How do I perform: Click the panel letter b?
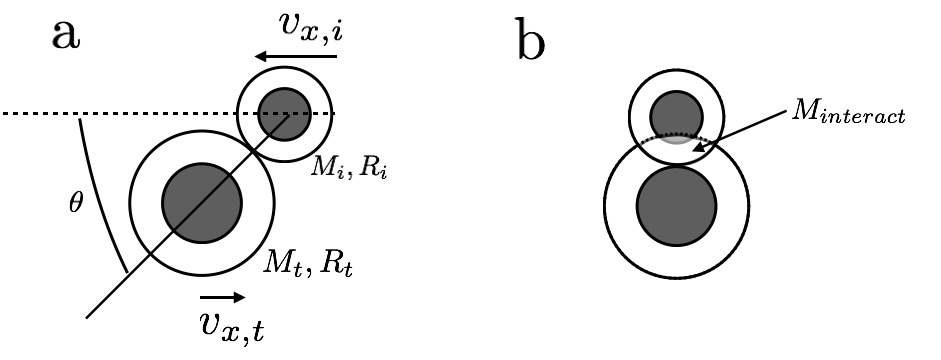tap(529, 43)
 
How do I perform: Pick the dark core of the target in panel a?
tap(201, 200)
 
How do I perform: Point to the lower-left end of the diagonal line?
tap(90, 317)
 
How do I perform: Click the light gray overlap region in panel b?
tap(677, 140)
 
